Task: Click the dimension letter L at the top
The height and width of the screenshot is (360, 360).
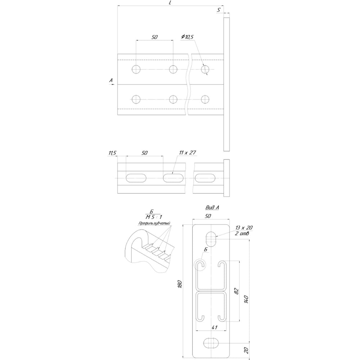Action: pyautogui.click(x=170, y=3)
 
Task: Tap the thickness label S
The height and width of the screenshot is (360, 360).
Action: pyautogui.click(x=219, y=10)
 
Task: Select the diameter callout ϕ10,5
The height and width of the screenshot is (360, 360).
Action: pyautogui.click(x=187, y=37)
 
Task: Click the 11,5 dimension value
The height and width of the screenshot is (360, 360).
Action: pyautogui.click(x=112, y=153)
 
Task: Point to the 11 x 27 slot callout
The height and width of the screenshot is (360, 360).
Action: pyautogui.click(x=188, y=152)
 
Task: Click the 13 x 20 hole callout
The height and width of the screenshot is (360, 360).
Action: pyautogui.click(x=244, y=228)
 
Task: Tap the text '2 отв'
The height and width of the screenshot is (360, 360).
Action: pyautogui.click(x=242, y=234)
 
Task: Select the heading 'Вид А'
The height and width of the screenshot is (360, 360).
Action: pyautogui.click(x=212, y=208)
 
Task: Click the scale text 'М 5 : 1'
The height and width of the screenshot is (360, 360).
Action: pyautogui.click(x=154, y=217)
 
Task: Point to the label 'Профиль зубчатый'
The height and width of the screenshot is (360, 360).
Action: pyautogui.click(x=154, y=223)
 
